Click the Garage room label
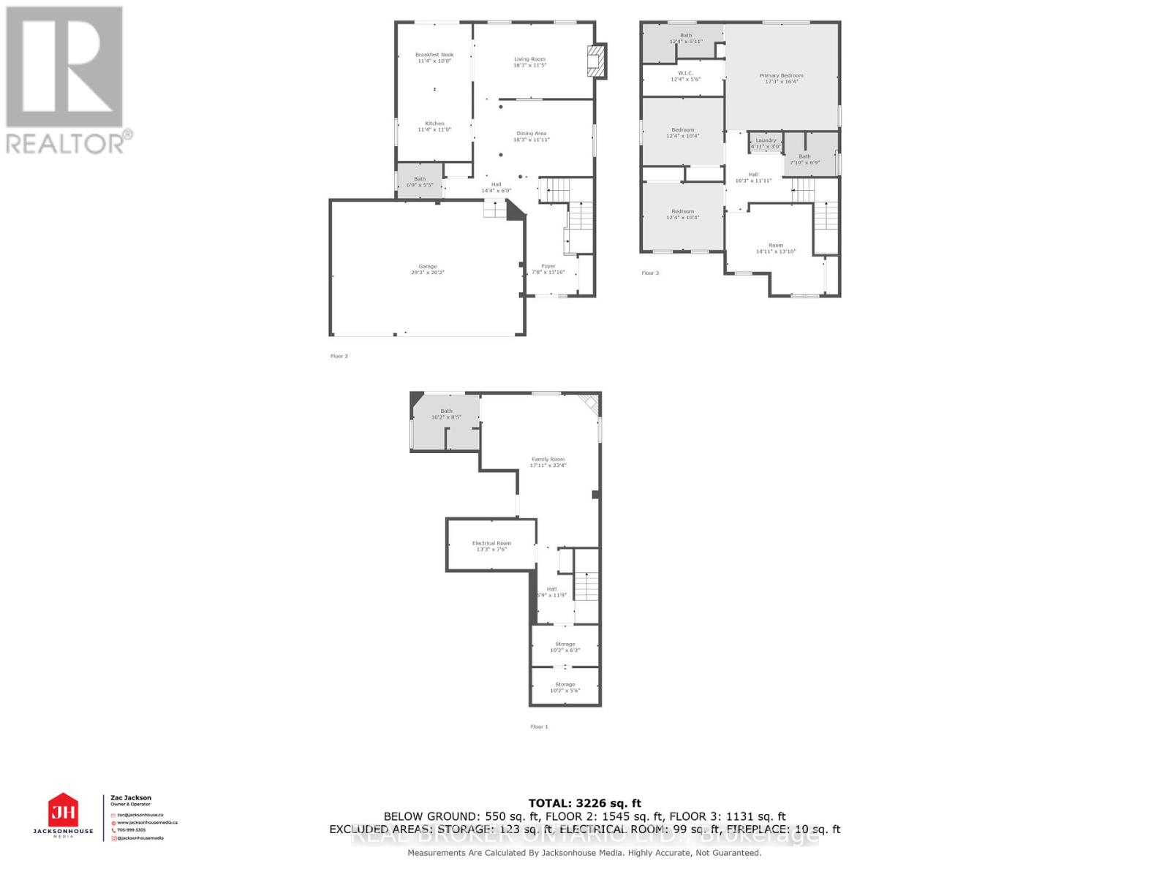(x=427, y=267)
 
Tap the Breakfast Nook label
(x=434, y=55)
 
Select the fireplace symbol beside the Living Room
(x=597, y=61)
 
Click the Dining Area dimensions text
(x=532, y=140)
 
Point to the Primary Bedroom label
(x=781, y=75)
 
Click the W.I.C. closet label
(x=685, y=73)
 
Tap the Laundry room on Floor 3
(x=766, y=143)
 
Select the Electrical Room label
(x=491, y=543)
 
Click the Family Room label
(x=548, y=460)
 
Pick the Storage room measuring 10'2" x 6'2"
(x=565, y=647)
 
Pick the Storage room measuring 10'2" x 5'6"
(x=565, y=687)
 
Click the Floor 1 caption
(x=539, y=726)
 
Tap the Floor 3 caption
(x=650, y=273)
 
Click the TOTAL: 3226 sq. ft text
(x=584, y=803)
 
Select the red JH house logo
(x=63, y=811)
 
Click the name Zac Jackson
(x=131, y=798)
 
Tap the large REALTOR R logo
(x=64, y=67)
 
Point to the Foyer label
(x=548, y=266)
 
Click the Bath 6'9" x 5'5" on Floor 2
(x=420, y=182)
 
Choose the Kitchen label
(x=434, y=124)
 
